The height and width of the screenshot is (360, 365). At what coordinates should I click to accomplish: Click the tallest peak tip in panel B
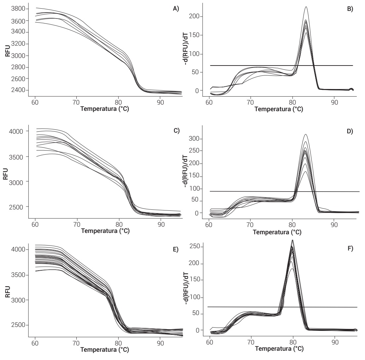tap(306, 7)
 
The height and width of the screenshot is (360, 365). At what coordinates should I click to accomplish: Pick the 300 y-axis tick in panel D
tap(197, 139)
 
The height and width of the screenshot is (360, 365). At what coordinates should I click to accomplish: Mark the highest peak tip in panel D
tap(305, 134)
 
